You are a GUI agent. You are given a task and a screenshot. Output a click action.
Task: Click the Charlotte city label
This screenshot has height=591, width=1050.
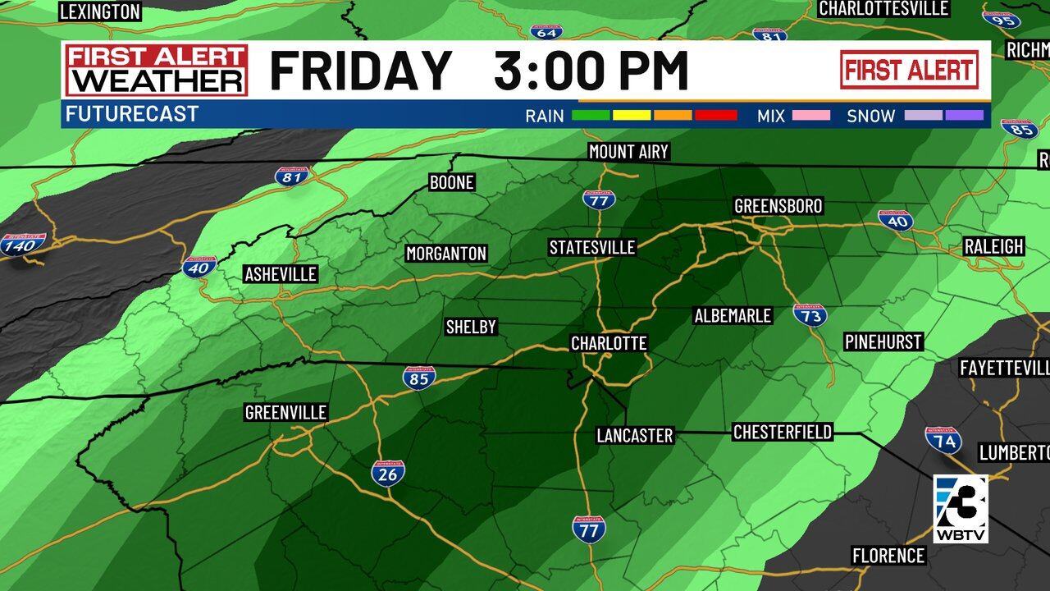[609, 343]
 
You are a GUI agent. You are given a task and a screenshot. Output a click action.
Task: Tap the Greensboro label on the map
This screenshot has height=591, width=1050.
[778, 205]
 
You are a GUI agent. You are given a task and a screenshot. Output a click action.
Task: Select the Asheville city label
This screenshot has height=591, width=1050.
[281, 274]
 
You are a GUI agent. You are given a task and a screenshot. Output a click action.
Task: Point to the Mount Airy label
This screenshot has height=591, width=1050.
[629, 152]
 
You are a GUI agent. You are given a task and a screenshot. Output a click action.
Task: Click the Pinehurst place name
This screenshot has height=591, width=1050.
[884, 341]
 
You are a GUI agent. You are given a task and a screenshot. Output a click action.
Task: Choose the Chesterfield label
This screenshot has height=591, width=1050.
[782, 432]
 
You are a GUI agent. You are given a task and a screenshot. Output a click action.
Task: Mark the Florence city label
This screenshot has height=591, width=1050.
[888, 556]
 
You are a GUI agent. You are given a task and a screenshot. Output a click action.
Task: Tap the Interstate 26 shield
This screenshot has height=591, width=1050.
[388, 473]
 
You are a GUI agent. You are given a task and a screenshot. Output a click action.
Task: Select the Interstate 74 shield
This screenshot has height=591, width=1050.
[943, 440]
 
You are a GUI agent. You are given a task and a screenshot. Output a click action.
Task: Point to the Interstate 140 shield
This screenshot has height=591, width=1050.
[22, 245]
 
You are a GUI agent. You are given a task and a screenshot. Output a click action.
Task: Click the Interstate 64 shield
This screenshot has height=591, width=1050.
[546, 32]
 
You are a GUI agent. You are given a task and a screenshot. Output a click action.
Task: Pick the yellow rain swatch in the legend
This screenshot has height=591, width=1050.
[631, 116]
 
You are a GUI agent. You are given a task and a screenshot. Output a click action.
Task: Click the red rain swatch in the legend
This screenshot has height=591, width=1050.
[716, 116]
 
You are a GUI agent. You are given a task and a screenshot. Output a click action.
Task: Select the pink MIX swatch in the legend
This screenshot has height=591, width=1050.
[810, 116]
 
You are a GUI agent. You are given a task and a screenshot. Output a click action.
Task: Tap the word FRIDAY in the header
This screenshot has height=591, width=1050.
[361, 71]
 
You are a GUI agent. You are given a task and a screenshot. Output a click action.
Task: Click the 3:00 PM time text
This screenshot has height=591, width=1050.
[591, 71]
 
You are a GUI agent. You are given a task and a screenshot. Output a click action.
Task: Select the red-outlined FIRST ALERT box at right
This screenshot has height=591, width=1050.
[909, 70]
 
